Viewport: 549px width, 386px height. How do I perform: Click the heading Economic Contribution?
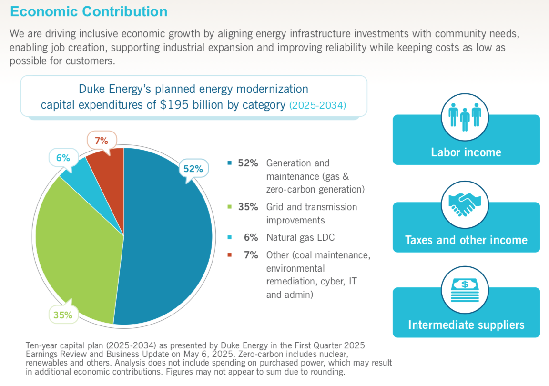click(x=89, y=11)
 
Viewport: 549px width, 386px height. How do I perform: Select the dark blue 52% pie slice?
click(x=167, y=238)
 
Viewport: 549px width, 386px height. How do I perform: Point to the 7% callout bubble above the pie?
click(x=102, y=141)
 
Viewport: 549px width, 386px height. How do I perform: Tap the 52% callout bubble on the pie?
click(x=193, y=169)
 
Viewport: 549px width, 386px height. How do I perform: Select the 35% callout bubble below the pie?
click(x=62, y=315)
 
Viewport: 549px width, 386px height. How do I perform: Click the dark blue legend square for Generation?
click(x=230, y=163)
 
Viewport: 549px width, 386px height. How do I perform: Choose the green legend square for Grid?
click(x=230, y=207)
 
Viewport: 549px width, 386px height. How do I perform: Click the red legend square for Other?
click(x=230, y=255)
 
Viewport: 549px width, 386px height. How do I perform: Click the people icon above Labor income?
click(x=465, y=115)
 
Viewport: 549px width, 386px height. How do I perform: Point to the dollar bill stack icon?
click(x=465, y=289)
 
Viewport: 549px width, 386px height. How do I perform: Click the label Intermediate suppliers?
click(x=466, y=325)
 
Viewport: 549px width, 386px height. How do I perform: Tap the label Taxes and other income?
click(x=466, y=240)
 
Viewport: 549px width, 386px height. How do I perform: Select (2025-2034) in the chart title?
click(x=317, y=105)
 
